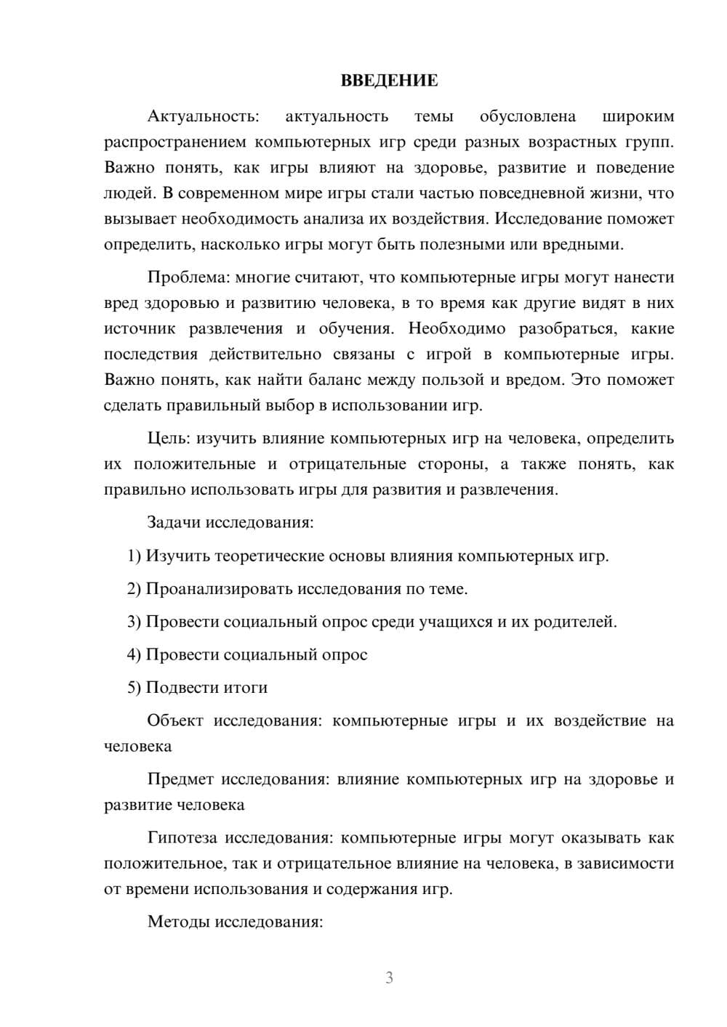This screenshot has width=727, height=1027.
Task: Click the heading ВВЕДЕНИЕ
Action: point(389,81)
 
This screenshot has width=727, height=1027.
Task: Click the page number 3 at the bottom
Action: point(389,978)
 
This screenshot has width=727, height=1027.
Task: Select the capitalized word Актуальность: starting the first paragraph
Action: point(203,116)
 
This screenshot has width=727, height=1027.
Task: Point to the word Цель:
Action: point(169,439)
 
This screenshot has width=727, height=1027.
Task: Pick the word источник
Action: point(139,329)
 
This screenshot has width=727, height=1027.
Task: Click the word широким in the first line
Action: point(638,116)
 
